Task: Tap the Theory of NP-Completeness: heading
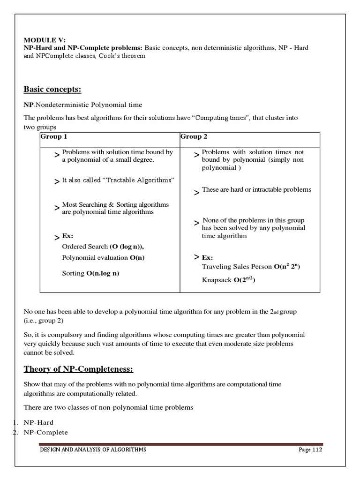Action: click(x=79, y=369)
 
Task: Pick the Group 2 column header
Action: click(x=194, y=137)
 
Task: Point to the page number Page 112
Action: click(x=310, y=450)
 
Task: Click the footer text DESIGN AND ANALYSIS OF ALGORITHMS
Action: click(x=92, y=450)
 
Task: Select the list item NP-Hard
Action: click(x=39, y=422)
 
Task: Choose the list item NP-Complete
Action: click(x=46, y=432)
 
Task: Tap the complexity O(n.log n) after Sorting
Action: click(x=102, y=273)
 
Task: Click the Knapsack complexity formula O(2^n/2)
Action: click(x=244, y=280)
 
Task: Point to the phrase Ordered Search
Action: click(x=84, y=247)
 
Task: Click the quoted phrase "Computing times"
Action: click(x=214, y=118)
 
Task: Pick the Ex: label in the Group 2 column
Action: click(x=207, y=258)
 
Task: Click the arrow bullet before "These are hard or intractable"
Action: click(x=197, y=192)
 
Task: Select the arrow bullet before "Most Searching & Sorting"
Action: click(x=57, y=208)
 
